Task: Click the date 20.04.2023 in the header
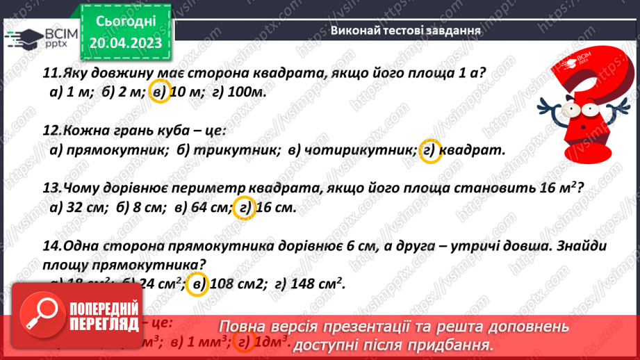[x=125, y=43]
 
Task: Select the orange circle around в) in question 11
[x=160, y=92]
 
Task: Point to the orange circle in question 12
[x=431, y=150]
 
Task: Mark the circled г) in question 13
[x=244, y=207]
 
